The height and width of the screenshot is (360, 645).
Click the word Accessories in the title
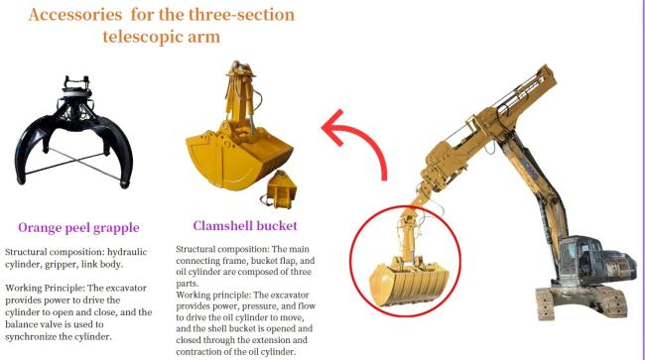75,15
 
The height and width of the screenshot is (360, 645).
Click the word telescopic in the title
137,37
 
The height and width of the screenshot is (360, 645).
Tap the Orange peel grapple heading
78,228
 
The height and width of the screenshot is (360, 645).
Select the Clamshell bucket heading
245,225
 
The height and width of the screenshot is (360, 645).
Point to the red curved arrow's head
334,127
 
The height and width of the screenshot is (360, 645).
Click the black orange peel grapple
74,132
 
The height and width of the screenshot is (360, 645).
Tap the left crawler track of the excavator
546,304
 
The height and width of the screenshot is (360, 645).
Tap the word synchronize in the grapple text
32,336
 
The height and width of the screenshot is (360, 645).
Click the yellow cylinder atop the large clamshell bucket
242,98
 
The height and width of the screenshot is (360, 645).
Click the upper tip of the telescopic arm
549,69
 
